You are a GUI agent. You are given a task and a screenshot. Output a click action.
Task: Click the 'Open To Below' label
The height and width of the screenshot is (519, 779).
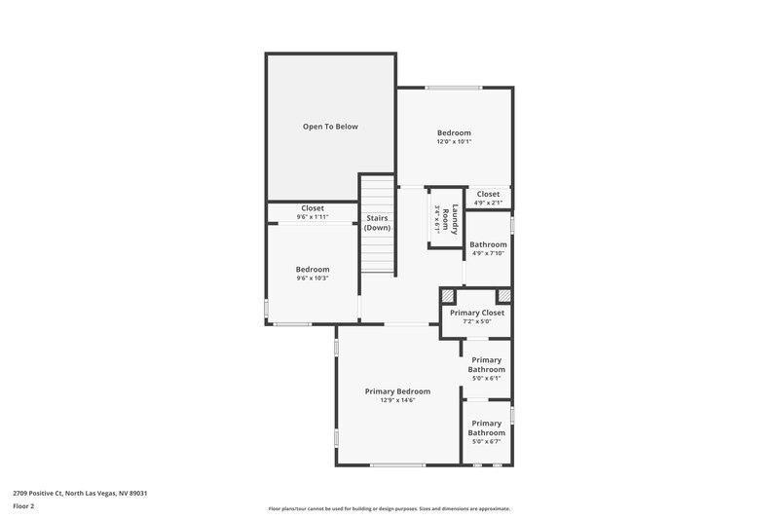330,127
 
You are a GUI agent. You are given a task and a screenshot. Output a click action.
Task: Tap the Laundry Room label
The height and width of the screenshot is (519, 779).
451,220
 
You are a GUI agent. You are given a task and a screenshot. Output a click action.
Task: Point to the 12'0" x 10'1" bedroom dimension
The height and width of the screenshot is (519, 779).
454,142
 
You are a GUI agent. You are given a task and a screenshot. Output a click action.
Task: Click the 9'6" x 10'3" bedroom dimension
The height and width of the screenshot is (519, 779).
313,278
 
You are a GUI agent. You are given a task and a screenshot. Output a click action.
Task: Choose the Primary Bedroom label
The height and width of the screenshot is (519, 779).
397,391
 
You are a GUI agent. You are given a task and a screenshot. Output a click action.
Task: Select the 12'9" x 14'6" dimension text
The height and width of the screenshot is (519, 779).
397,400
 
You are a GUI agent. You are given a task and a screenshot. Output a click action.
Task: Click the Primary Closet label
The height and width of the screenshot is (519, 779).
477,313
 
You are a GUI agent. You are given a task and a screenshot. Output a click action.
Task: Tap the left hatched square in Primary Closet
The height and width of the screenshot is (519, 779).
448,296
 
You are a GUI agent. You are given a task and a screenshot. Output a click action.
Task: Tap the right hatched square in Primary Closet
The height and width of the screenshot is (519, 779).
504,296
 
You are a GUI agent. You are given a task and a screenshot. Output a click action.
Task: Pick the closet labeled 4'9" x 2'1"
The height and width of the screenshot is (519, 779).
488,198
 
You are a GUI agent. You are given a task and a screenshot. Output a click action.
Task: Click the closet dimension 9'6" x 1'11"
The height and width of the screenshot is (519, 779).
313,217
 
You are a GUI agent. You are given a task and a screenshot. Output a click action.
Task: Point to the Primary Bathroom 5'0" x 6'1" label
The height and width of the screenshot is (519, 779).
486,365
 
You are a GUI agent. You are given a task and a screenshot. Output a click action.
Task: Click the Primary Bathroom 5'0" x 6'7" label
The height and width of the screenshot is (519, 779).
486,427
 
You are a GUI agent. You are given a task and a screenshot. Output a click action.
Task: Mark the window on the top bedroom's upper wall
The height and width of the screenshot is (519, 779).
454,88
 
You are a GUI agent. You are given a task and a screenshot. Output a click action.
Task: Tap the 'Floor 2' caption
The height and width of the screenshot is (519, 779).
24,506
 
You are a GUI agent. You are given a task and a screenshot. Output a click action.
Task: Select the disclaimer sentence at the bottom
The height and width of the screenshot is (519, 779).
389,508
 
